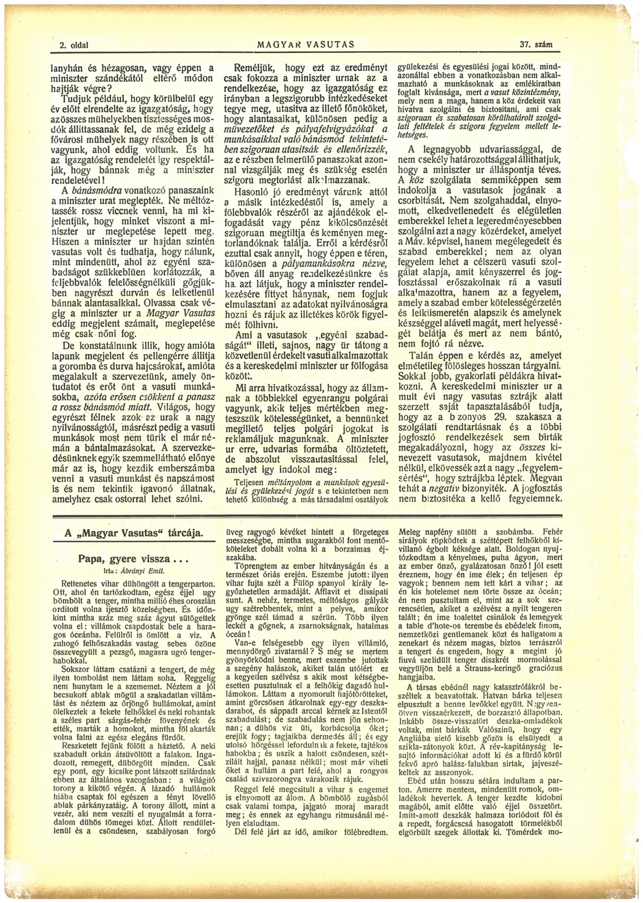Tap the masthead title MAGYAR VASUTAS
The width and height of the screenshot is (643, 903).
[x=305, y=44]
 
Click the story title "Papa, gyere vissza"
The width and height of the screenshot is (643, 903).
[x=133, y=559]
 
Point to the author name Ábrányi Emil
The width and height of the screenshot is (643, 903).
[x=141, y=571]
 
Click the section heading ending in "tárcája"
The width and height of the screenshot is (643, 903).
[x=133, y=534]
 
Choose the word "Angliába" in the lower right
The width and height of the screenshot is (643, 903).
[x=415, y=746]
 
